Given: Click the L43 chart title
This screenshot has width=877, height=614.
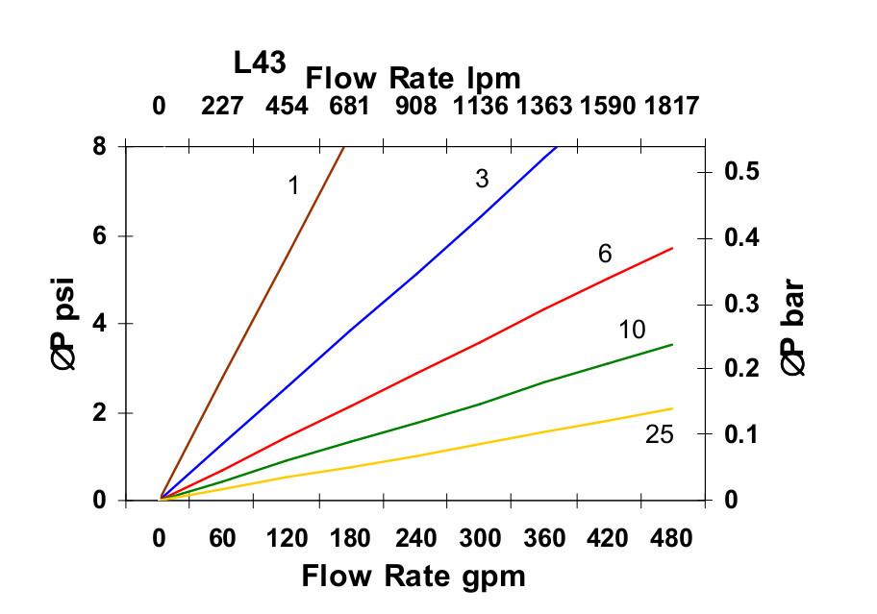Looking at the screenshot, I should click(x=260, y=63).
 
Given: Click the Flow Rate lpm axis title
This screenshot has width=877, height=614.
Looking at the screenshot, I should click(x=413, y=78).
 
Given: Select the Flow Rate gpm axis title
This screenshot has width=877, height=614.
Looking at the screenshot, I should click(x=413, y=576).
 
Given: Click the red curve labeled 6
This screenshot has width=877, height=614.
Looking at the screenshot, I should click(x=481, y=341).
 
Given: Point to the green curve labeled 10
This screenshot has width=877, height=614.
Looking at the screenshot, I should click(x=481, y=404).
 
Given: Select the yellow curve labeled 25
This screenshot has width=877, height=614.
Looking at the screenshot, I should click(x=481, y=443).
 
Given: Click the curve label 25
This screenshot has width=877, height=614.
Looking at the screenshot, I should click(x=659, y=434).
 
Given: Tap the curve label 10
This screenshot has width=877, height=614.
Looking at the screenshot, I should click(x=631, y=331).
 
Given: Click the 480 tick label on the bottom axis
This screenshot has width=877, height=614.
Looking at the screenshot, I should click(x=670, y=539).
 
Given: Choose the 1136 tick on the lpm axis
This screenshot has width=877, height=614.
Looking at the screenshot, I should click(x=481, y=105).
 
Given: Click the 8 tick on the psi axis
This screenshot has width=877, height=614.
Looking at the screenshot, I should click(x=99, y=147).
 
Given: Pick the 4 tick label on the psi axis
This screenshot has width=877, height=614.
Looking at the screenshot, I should click(x=99, y=324).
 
